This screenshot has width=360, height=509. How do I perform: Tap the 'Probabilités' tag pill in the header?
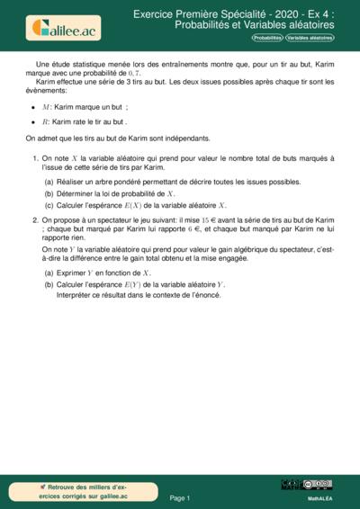point(266,39)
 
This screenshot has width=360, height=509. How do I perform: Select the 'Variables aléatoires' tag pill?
point(309,39)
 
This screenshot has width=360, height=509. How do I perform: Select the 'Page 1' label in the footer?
point(180,497)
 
